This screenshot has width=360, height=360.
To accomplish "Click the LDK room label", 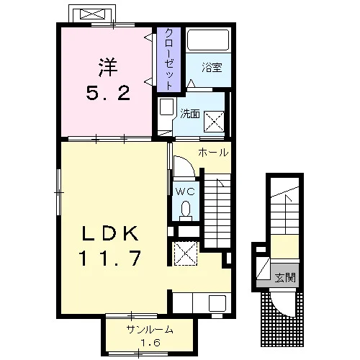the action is (110, 233).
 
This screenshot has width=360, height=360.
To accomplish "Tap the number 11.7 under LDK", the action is (110, 258).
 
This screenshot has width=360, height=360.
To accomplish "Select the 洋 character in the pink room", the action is (108, 68).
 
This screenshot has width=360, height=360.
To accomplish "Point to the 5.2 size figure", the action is (108, 93).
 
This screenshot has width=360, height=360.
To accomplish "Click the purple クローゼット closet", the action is (168, 60).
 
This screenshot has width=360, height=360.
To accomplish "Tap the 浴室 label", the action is (212, 68).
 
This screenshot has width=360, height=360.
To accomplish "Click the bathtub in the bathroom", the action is (208, 40).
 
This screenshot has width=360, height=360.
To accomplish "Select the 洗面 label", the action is (190, 114).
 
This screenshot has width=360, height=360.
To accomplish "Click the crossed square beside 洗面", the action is (214, 122).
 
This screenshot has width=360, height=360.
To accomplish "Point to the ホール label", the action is (213, 153).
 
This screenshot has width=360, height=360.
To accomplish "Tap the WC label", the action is (185, 192).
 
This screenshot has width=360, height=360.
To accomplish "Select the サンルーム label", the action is (150, 330).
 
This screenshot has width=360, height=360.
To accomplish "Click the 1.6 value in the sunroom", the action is (150, 343).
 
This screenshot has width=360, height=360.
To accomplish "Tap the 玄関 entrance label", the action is (285, 278).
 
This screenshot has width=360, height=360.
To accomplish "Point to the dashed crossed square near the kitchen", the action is (186, 253).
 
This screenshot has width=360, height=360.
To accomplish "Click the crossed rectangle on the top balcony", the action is (92, 14).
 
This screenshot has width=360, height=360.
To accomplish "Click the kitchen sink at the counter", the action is (217, 303).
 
